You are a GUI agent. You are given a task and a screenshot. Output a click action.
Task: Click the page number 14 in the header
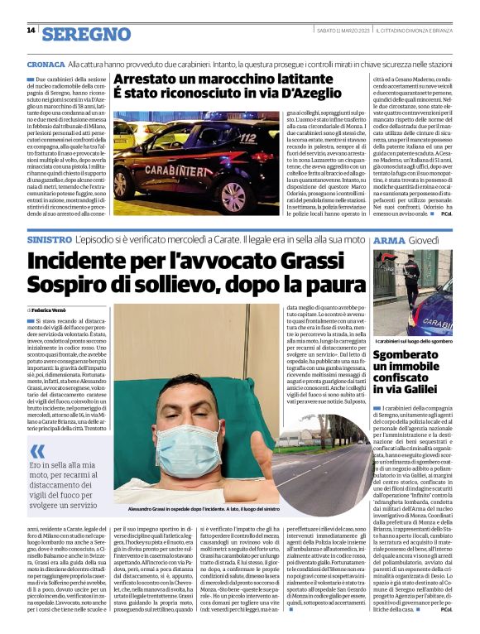[x=31, y=31]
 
